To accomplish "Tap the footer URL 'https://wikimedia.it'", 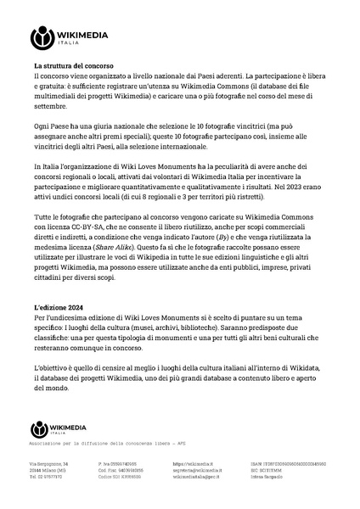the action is [x=190, y=465].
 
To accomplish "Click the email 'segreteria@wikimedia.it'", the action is [x=197, y=471].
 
